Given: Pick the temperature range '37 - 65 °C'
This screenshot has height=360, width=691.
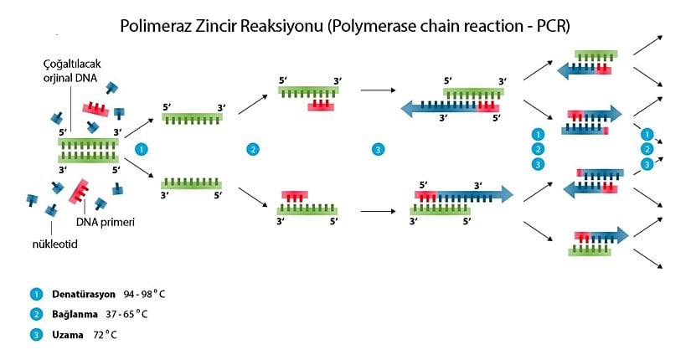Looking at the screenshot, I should coord(134,315).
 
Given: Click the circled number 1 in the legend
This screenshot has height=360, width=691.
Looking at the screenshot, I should coord(36,295).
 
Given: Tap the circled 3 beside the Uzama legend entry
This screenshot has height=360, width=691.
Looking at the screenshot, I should coord(36,335).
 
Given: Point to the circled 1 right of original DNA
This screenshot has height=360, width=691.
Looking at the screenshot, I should coord(142,149).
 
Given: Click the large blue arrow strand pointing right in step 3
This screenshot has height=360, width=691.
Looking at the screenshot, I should coord(469,196).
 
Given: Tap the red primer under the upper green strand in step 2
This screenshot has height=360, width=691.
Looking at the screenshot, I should coord(322,105).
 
